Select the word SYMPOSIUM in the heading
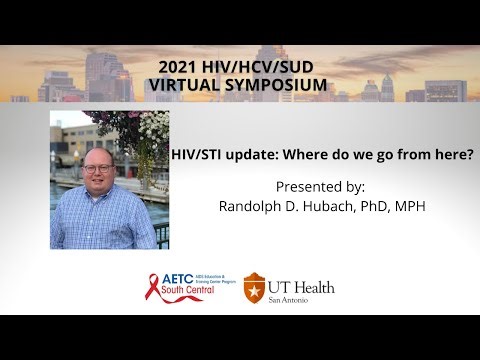point(275,84)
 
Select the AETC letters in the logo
point(179,281)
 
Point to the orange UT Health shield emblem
point(254,289)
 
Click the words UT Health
point(300,287)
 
